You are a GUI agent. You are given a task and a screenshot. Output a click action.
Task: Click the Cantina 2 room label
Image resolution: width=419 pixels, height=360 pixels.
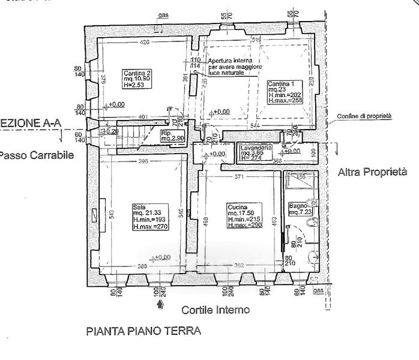137,80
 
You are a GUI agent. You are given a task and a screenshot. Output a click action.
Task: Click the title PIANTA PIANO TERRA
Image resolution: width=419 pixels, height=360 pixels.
142,331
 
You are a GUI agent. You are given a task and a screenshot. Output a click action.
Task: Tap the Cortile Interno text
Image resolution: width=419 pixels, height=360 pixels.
215,310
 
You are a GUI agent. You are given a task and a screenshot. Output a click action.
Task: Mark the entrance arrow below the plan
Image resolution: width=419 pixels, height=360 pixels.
158,305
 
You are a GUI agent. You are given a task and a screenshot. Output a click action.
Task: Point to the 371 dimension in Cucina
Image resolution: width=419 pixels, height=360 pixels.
239,178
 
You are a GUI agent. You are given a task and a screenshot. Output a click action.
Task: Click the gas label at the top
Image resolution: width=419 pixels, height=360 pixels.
161,16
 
